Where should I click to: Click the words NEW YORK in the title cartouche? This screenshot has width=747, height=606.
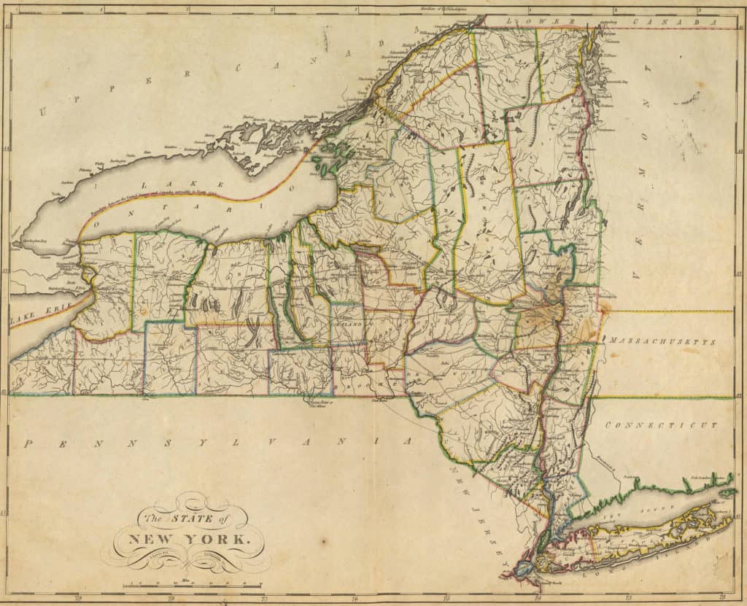189,540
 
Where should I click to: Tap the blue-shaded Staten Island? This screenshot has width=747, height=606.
524,569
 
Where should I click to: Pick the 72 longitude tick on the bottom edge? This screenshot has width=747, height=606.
721,597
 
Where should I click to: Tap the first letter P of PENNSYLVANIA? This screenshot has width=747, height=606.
28,443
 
